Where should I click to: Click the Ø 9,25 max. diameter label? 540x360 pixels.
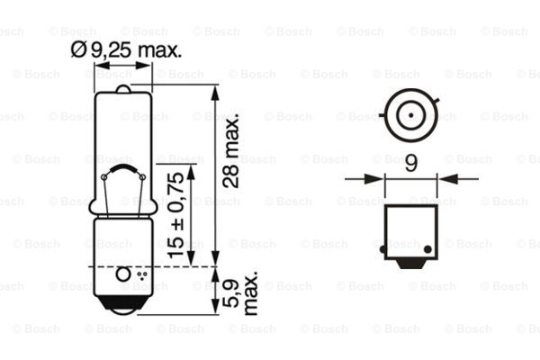pyautogui.click(x=126, y=50)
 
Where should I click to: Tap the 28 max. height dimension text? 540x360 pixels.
pyautogui.click(x=230, y=149)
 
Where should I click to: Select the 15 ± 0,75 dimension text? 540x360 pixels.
pyautogui.click(x=175, y=214)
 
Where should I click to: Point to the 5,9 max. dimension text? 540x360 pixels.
pyautogui.click(x=240, y=292)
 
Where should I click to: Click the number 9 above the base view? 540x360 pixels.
pyautogui.click(x=411, y=163)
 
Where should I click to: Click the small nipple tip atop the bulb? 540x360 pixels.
pyautogui.click(x=123, y=88)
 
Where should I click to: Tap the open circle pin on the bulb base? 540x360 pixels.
pyautogui.click(x=123, y=274)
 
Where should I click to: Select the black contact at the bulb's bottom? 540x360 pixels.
pyautogui.click(x=123, y=305)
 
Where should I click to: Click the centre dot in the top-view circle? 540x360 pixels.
pyautogui.click(x=411, y=115)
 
